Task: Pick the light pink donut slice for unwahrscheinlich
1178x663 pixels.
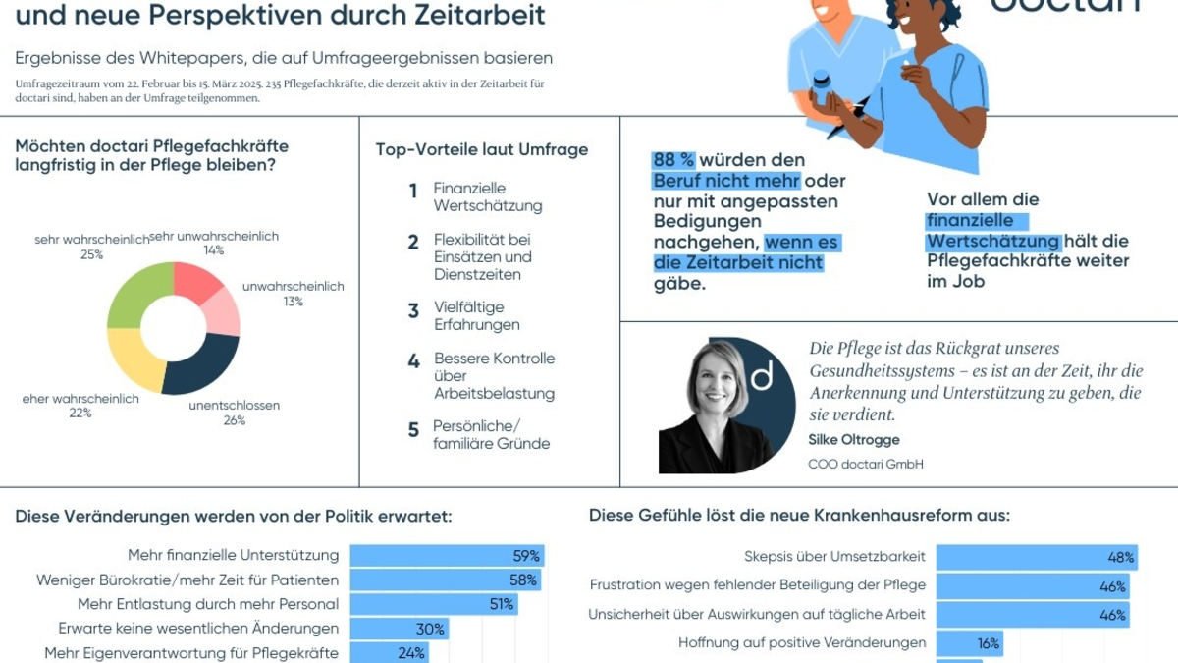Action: pos(224,309)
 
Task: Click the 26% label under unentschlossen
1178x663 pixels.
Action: pos(235,420)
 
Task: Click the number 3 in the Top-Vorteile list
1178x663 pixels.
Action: pos(413,311)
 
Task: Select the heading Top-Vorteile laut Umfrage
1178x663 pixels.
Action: pos(482,149)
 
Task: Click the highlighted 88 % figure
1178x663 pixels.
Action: pos(673,160)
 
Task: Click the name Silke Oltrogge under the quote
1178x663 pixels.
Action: pos(854,440)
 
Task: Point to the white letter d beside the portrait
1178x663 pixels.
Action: pos(762,374)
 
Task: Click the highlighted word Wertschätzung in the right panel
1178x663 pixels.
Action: pos(993,241)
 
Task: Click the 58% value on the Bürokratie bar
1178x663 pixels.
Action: pos(523,580)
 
